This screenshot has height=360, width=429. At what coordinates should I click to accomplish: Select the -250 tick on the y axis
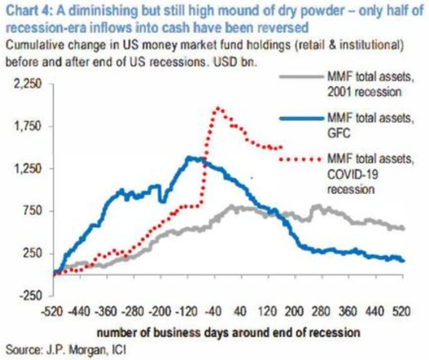click(x=31, y=296)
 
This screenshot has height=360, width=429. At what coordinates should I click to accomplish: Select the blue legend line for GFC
click(x=302, y=118)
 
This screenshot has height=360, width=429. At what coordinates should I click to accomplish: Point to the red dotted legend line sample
click(x=302, y=159)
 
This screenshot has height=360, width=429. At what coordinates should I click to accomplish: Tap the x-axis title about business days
click(x=228, y=332)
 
